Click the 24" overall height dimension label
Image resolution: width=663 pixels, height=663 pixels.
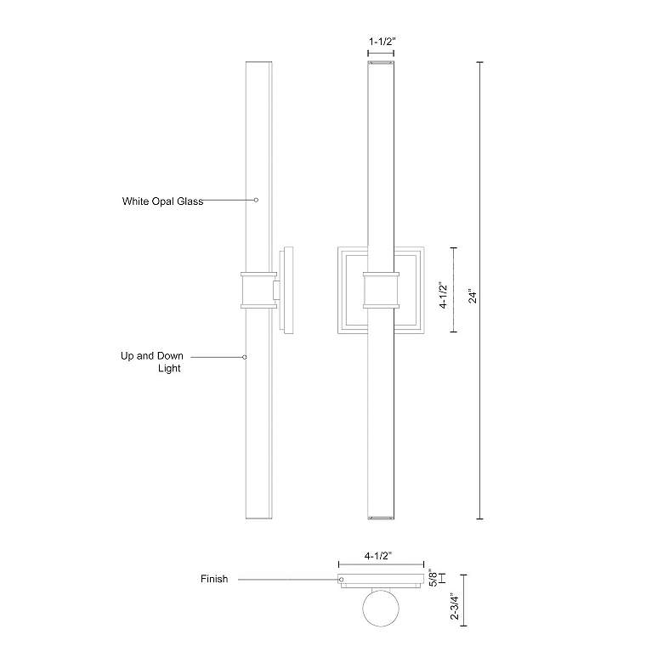pos(473,297)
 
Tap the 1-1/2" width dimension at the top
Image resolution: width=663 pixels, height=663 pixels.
pos(382,42)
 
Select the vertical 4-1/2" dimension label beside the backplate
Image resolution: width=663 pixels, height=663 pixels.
pos(443,295)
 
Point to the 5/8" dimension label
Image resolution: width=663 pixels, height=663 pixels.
pos(433,578)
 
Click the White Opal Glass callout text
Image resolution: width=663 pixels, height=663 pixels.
pos(163,201)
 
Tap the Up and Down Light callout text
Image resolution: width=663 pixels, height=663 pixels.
pos(152,362)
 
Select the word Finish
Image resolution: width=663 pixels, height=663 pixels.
pos(214,579)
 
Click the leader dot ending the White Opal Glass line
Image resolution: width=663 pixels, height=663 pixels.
pos(256,200)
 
